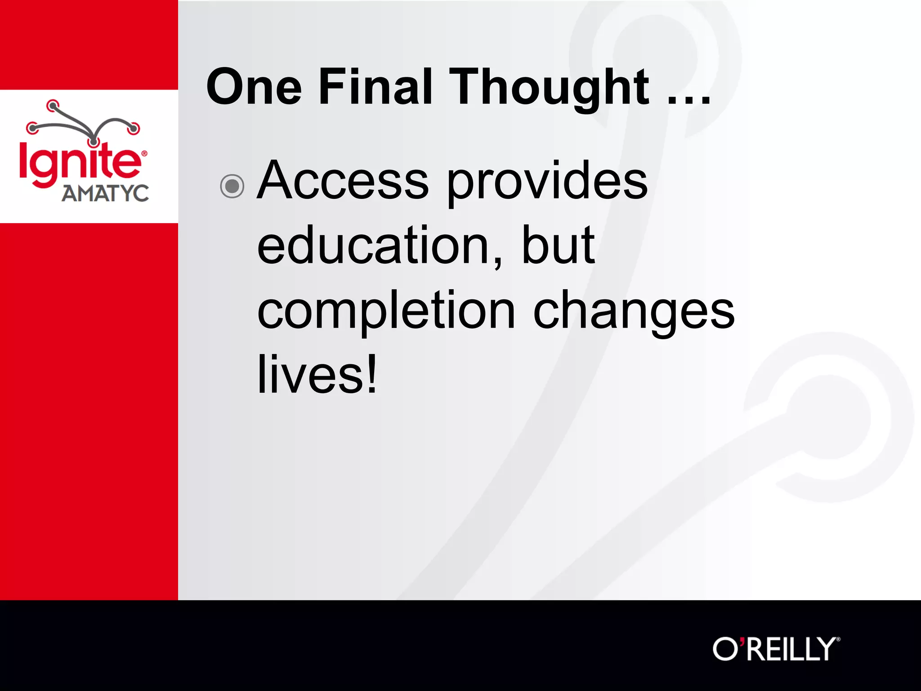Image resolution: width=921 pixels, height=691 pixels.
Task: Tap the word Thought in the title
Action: click(x=549, y=88)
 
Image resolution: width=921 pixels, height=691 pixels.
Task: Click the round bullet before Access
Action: click(x=232, y=186)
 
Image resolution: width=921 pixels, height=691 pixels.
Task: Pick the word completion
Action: click(x=386, y=312)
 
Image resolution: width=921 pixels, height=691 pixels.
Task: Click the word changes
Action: click(x=634, y=311)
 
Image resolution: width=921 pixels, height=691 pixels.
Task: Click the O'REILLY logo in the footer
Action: click(x=776, y=649)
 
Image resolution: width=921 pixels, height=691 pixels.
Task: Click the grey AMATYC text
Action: click(x=105, y=193)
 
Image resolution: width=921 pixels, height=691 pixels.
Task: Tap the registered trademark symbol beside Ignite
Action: click(x=144, y=153)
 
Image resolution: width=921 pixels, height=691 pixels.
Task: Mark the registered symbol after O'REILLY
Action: click(x=838, y=639)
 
